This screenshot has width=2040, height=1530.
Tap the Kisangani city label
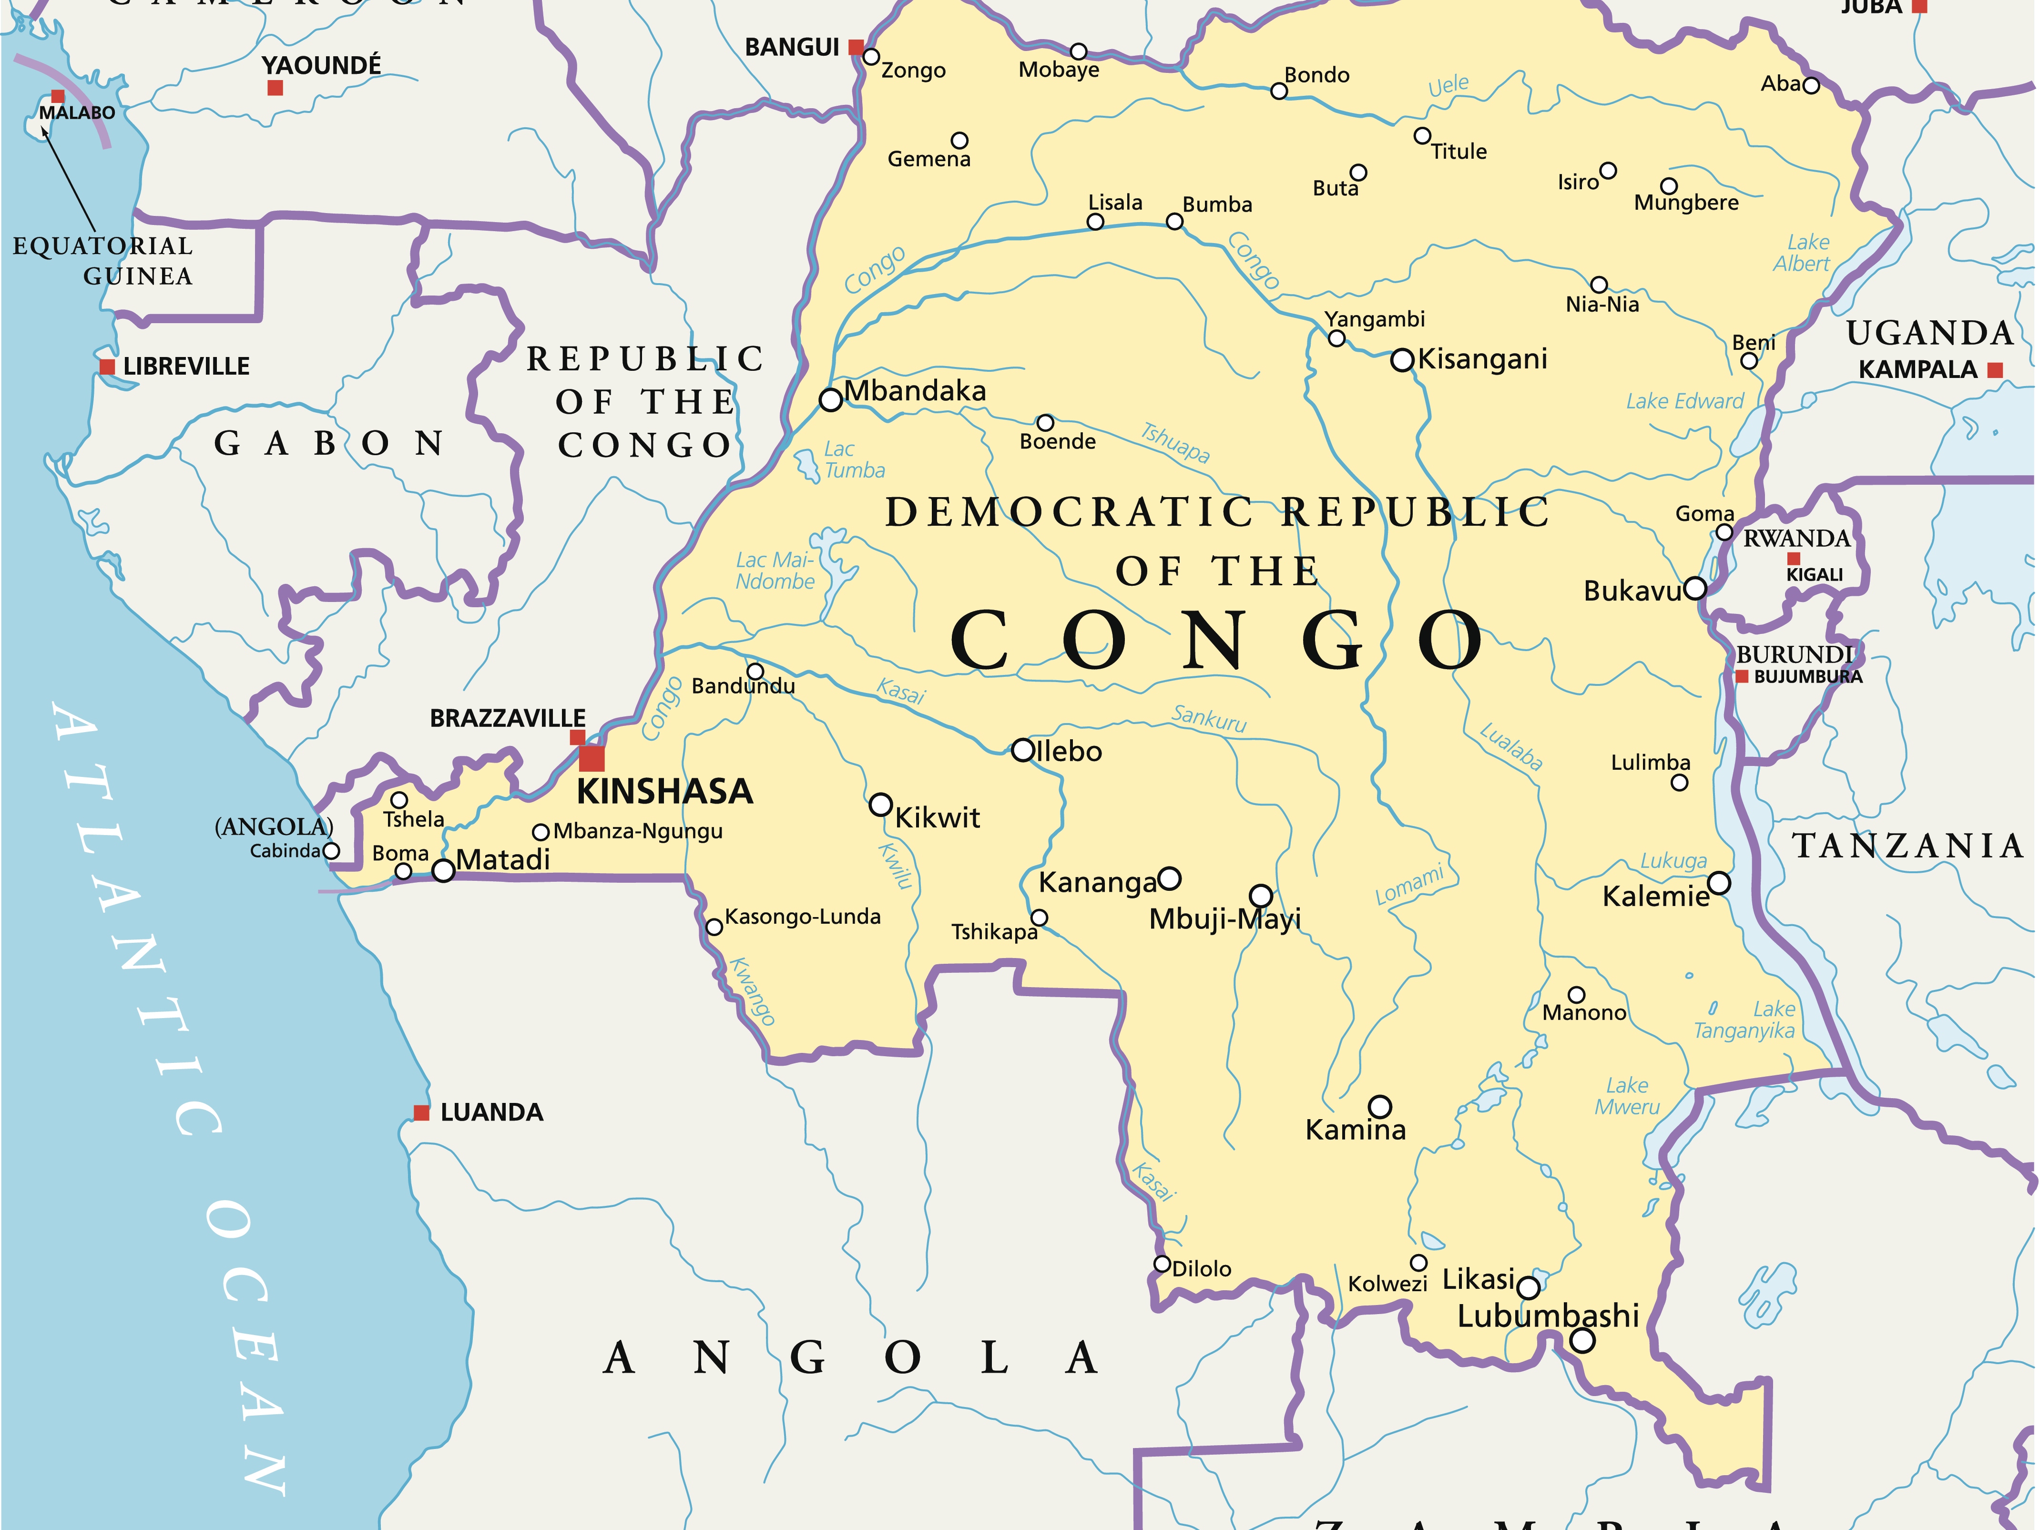1482,359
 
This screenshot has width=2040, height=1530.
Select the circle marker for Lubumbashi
1582,1341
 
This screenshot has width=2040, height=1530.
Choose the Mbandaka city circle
831,399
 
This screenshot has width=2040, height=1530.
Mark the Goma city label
1704,514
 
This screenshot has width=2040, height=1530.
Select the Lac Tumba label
854,459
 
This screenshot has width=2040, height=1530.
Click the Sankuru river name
1208,717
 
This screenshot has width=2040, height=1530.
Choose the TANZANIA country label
1907,846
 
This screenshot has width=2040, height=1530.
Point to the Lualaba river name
1510,747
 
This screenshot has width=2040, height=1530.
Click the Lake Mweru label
1627,1097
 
